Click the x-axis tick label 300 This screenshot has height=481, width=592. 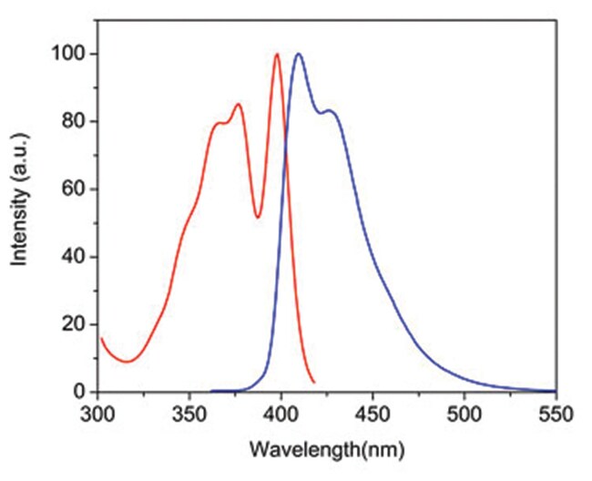point(97,416)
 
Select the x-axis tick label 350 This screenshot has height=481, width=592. point(189,416)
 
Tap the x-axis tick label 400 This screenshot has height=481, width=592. point(281,416)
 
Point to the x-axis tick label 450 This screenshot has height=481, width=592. point(373,416)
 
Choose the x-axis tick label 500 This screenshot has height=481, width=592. point(464,416)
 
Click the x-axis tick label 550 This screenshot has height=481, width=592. point(555,416)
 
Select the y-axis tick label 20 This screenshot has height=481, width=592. point(74,324)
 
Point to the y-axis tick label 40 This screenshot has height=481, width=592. point(74,257)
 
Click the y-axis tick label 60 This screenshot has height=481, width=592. point(74,189)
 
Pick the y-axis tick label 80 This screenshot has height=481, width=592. point(74,122)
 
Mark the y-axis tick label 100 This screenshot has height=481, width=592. point(69,55)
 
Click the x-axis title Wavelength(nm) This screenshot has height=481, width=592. point(326,449)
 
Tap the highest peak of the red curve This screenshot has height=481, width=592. point(277,54)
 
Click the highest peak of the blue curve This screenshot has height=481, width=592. point(297,54)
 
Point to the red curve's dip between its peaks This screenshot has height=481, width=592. point(259,217)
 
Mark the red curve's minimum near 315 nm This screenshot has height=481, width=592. point(127,362)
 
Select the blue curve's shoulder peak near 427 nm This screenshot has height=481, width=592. point(330,111)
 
